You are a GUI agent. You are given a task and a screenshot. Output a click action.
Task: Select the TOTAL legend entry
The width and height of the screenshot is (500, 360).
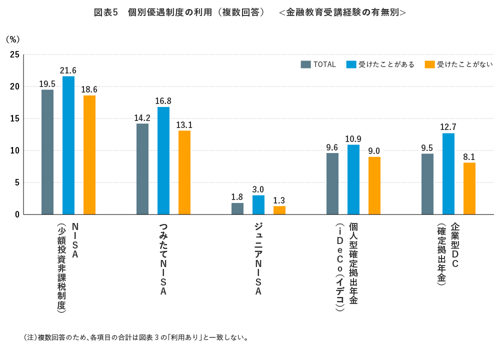coord(318,64)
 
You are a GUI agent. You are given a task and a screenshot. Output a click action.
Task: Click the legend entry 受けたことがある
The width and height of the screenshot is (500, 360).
coord(380,64)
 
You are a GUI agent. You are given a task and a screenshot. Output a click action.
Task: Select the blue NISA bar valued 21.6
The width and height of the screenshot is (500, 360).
coord(68,145)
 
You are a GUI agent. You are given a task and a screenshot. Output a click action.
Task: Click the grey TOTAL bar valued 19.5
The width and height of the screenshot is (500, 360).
coord(47,152)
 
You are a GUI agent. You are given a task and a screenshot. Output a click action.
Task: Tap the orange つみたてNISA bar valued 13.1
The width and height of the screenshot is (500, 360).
coord(184,172)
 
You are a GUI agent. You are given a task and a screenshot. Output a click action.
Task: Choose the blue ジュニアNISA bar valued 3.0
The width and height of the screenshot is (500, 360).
coord(258,205)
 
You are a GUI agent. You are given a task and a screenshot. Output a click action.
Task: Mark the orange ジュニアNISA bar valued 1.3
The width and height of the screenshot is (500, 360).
coord(279,210)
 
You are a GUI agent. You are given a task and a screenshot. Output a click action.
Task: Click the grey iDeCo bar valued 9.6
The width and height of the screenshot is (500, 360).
coord(332,183)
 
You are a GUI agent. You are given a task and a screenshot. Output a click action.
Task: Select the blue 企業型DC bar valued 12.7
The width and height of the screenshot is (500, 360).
coord(448,173)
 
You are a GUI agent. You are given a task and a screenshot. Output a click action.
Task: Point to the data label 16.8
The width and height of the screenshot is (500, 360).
coord(163,101)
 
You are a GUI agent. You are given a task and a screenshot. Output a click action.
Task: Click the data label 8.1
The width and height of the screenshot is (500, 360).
coord(469,156)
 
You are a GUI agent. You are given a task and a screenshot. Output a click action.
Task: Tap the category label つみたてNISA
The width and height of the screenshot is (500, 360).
coord(163,258)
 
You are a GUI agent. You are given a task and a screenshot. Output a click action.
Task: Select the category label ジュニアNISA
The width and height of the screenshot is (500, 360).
coord(258,258)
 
